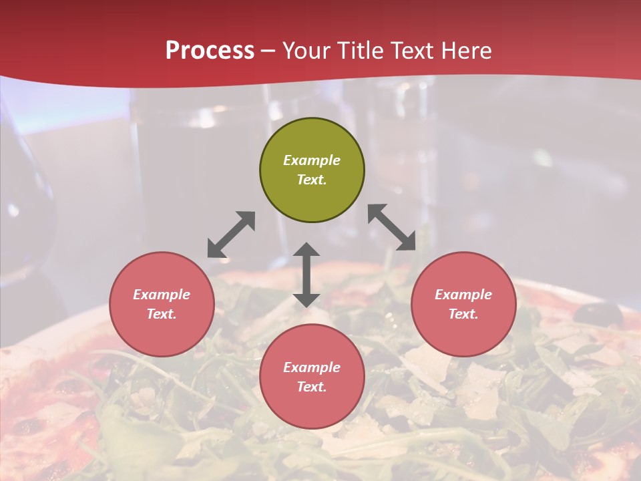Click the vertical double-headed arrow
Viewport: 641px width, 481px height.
click(x=306, y=275)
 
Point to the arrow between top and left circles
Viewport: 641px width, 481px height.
click(x=231, y=234)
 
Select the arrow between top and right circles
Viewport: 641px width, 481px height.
click(x=392, y=227)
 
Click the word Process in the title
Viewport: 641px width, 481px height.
click(x=210, y=51)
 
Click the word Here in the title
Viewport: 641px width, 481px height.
click(x=467, y=51)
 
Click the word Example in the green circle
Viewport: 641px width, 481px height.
click(x=312, y=160)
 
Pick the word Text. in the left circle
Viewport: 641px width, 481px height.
click(x=162, y=314)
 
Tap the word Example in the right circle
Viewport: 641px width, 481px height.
click(x=463, y=295)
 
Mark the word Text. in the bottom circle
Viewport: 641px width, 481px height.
click(x=312, y=387)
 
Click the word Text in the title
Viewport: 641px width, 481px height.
click(x=411, y=51)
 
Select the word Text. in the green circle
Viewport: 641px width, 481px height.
click(x=312, y=180)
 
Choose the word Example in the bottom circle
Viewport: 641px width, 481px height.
click(x=312, y=367)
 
